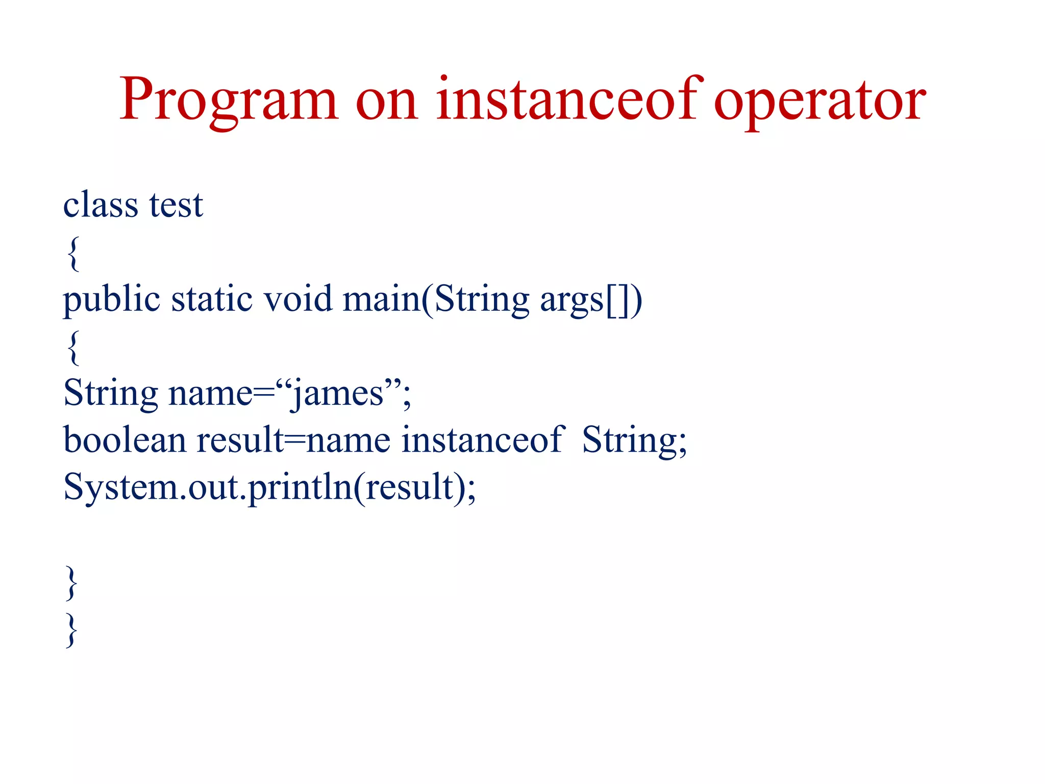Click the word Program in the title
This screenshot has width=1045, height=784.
click(228, 100)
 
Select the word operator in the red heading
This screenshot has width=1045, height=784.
click(819, 100)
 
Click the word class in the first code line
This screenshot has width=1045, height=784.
click(101, 204)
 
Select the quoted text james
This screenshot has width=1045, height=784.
click(337, 394)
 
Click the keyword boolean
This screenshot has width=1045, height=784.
click(124, 440)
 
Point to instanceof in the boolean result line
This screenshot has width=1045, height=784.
click(482, 440)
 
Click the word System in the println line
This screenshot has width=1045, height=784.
click(120, 488)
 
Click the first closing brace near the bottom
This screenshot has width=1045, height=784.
click(72, 583)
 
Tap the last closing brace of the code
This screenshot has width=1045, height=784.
click(72, 630)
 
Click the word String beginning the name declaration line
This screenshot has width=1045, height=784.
click(111, 394)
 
